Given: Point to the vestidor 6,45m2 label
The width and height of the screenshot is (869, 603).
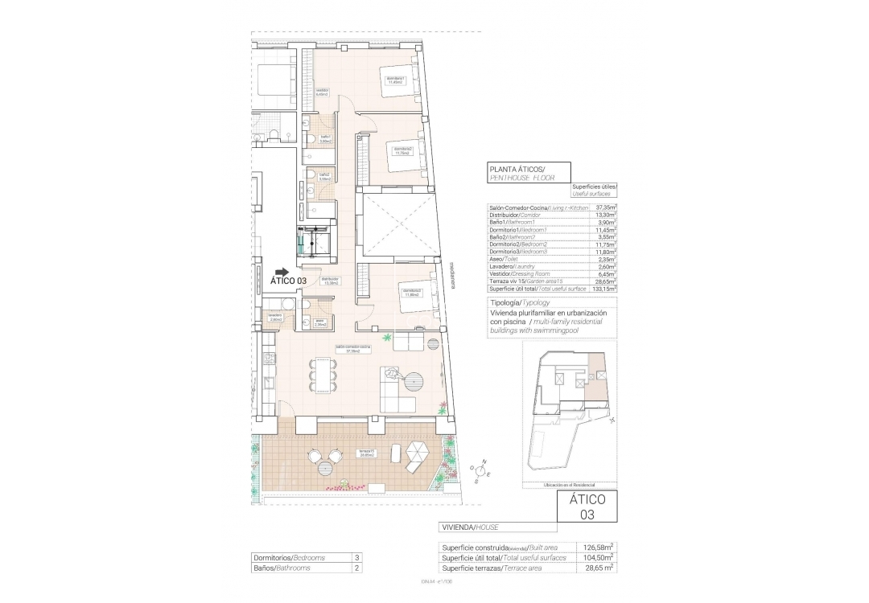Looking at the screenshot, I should coord(322,92).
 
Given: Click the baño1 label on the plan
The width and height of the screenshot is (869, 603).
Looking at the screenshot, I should coord(325,138).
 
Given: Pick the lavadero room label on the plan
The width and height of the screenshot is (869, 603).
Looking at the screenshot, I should coord(275,317).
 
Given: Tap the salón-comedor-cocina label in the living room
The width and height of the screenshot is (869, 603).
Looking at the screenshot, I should coord(353,349).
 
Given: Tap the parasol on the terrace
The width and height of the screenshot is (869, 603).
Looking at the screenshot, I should coord(418,455).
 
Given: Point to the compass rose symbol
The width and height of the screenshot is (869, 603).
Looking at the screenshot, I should coord(482,472).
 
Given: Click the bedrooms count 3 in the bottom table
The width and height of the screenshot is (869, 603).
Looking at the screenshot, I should coord(356,556).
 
